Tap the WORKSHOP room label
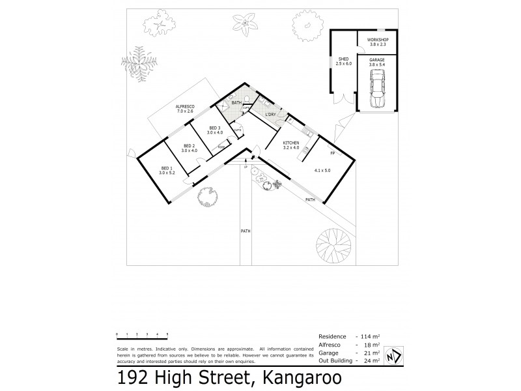pos(378,40)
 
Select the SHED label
pos(343,59)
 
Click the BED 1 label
pos(165,169)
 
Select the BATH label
pos(236,102)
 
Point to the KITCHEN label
pos(290,143)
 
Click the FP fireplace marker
pos(332,154)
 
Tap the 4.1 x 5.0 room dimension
pos(322,171)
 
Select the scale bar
pos(142,335)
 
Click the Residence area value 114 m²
pos(372,337)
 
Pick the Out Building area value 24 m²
pos(372,360)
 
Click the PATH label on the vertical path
pos(246,231)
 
